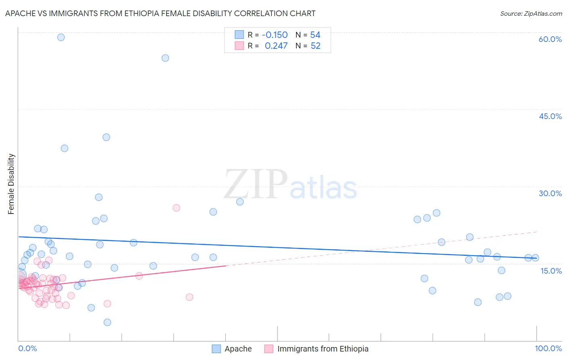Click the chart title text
(x=160, y=13)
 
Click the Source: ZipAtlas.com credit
(x=531, y=13)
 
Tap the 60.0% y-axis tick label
(x=550, y=39)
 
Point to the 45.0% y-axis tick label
(x=550, y=116)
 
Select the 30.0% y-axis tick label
(x=550, y=193)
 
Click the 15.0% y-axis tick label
(x=551, y=271)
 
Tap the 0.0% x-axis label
(x=27, y=348)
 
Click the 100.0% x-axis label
(x=548, y=348)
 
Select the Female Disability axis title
(x=11, y=184)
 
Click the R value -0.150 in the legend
(x=275, y=35)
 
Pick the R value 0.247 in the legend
(x=276, y=46)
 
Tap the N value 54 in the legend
(x=315, y=35)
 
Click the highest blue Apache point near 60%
(x=61, y=37)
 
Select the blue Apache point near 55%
(x=165, y=58)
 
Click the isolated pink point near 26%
(x=176, y=208)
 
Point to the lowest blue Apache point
(x=107, y=322)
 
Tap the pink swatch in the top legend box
(x=239, y=46)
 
